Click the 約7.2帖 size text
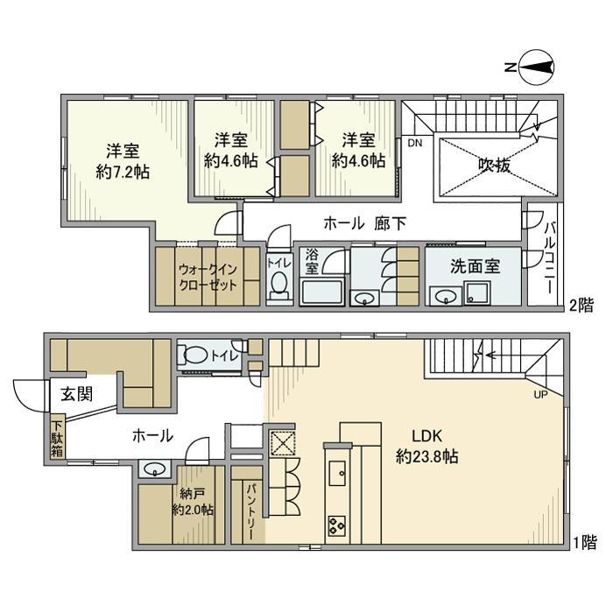pos(123,172)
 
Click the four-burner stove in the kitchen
pos(337,525)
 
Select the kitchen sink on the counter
pos(337,472)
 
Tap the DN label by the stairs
pos(414,143)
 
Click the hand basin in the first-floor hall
pos(154,468)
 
